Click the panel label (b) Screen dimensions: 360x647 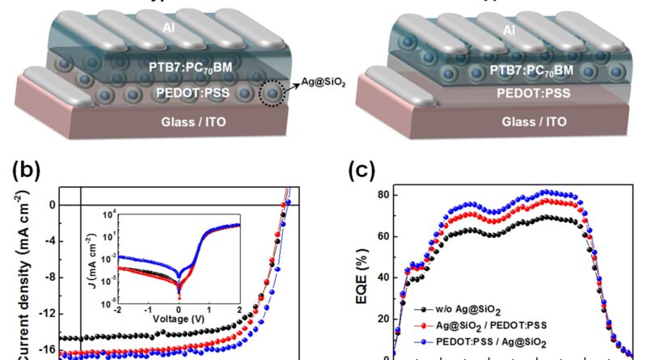click(x=27, y=172)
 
